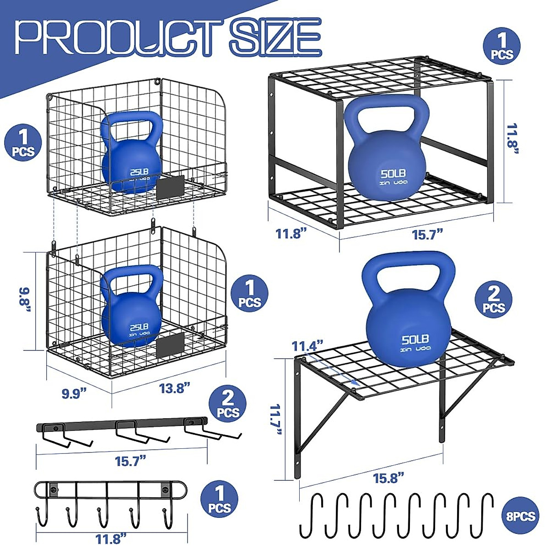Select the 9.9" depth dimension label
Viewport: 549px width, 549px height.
(74, 393)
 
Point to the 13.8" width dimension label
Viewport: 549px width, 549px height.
(174, 388)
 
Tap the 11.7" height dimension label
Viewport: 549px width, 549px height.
(275, 420)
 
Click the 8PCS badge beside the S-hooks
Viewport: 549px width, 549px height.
(521, 516)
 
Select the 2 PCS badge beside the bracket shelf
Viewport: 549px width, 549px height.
(493, 300)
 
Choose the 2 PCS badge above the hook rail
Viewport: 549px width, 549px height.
(228, 404)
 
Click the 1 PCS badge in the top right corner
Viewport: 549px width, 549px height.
(502, 46)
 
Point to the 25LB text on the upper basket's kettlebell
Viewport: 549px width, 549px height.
(139, 172)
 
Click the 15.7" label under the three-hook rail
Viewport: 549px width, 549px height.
(130, 461)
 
